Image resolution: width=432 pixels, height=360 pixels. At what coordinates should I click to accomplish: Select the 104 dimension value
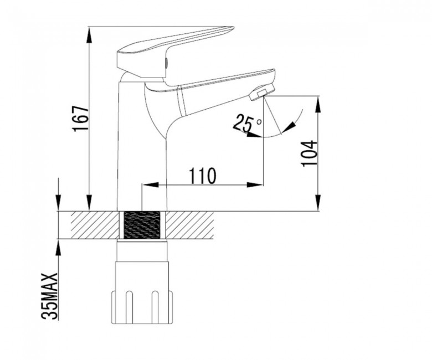point(309,153)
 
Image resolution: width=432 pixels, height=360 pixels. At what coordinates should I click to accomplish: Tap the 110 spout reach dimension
point(203,176)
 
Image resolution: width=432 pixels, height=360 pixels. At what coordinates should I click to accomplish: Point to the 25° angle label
point(247,123)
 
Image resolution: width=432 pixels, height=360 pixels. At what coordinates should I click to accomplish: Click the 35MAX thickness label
point(50,296)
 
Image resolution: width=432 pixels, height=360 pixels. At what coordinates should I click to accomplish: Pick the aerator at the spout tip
point(262,92)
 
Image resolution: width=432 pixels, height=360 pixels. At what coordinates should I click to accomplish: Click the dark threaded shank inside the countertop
point(142,225)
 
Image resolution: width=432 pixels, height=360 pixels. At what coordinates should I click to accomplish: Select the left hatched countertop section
point(95,225)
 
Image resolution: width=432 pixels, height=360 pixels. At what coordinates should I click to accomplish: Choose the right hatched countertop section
point(190,225)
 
